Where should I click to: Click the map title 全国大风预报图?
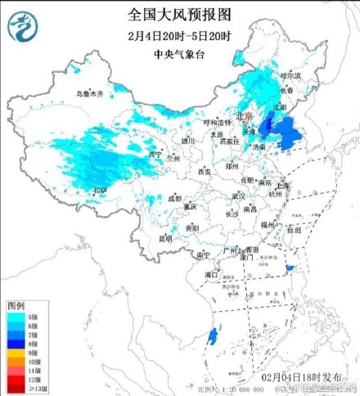tap(179, 14)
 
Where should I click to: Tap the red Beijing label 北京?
tap(245, 116)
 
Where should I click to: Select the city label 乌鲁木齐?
tap(90, 93)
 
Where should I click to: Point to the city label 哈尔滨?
tap(291, 75)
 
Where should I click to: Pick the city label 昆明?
tap(166, 238)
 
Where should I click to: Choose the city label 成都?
tap(175, 198)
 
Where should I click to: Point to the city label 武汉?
tap(238, 196)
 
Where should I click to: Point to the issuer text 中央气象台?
tap(179, 54)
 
